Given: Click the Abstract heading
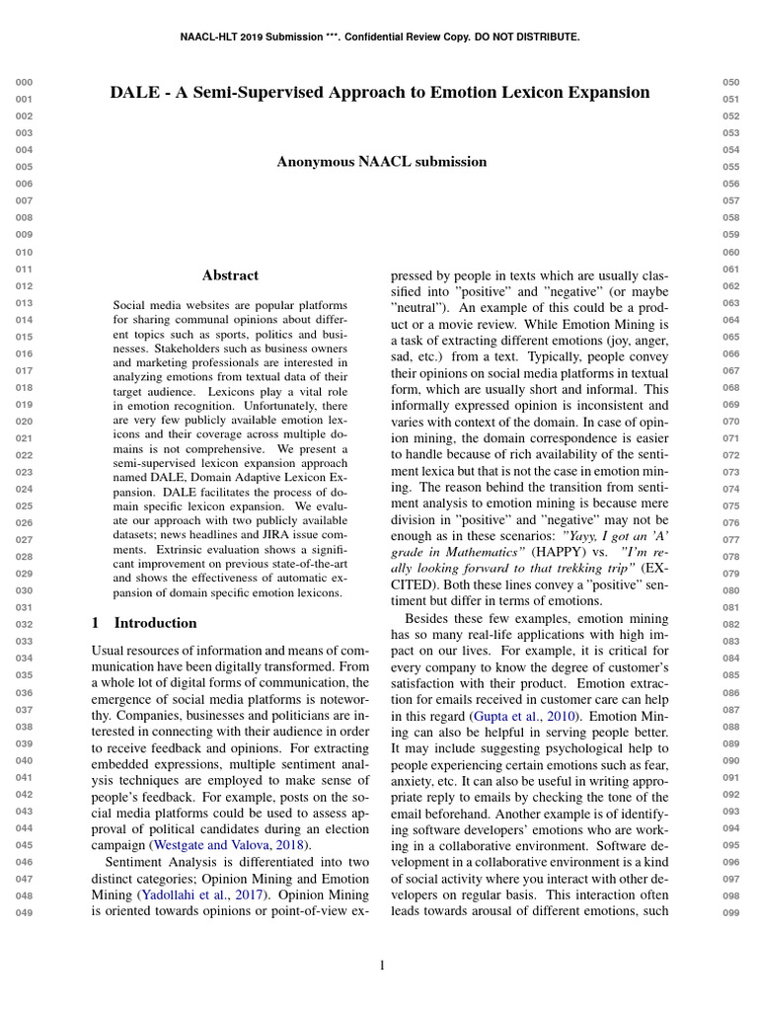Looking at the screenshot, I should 230,275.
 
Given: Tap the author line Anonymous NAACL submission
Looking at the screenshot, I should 381,161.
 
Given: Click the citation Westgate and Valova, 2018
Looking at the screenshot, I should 230,845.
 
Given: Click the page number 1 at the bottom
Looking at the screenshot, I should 381,965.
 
